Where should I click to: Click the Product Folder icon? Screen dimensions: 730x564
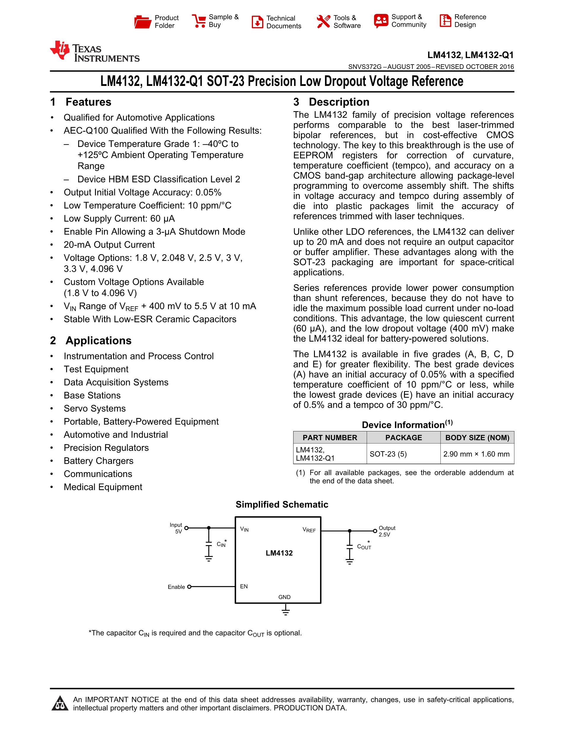(x=143, y=21)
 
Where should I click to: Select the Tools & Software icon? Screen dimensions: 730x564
(x=323, y=21)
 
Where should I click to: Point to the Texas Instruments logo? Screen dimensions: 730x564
(x=94, y=52)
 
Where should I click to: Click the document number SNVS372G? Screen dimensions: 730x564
(x=365, y=67)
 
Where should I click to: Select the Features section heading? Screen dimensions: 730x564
(x=88, y=102)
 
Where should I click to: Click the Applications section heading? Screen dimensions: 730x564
(x=98, y=341)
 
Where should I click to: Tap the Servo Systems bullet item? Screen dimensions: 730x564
(x=94, y=409)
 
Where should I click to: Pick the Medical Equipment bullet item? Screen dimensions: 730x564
(x=103, y=487)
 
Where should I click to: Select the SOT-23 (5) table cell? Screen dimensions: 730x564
(x=388, y=454)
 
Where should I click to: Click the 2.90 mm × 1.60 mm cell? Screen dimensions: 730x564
(x=476, y=454)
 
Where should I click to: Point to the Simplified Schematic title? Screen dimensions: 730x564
(x=282, y=504)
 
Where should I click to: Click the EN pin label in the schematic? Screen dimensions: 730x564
(x=244, y=586)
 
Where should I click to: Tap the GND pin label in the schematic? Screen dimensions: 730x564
(x=284, y=597)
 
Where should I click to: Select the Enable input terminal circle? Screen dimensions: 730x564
(x=189, y=587)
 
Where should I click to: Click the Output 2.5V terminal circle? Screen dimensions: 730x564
(x=375, y=531)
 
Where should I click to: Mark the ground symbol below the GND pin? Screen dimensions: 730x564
(x=285, y=612)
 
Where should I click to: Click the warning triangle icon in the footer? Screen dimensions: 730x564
(x=60, y=703)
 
